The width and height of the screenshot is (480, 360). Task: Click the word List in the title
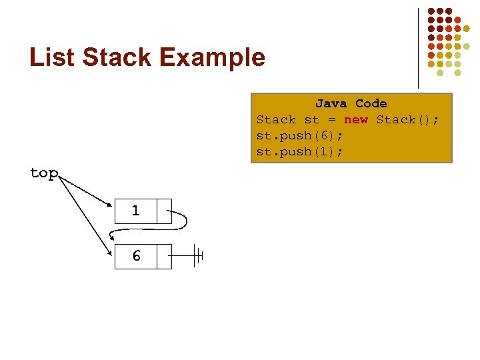(52, 57)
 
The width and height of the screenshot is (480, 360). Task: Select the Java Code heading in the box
(351, 103)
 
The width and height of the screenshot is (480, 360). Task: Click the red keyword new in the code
(355, 120)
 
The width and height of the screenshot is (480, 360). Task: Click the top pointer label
(44, 173)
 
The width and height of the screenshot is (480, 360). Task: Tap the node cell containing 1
(136, 211)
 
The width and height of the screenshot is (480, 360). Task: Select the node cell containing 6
(136, 256)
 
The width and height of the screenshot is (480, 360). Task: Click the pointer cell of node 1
(164, 211)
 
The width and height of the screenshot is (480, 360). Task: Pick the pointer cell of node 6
(164, 256)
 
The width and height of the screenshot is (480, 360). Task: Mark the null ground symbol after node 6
(197, 256)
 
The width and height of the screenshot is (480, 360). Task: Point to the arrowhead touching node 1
(109, 205)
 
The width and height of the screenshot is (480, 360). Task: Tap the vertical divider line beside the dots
(418, 47)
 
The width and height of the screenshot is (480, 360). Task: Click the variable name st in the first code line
(311, 120)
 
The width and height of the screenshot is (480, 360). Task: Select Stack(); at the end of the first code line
(407, 120)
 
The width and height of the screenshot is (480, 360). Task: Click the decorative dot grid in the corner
(444, 39)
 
